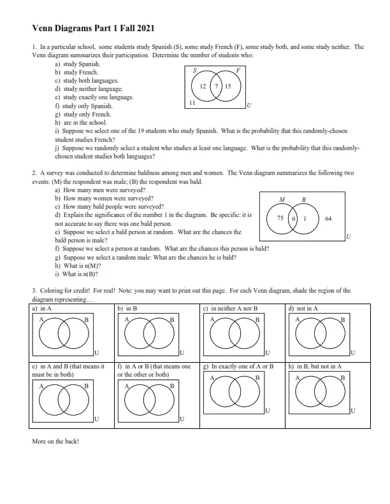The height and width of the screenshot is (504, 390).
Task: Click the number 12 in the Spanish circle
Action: [202, 86]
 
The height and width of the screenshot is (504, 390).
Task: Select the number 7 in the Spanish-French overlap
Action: [216, 86]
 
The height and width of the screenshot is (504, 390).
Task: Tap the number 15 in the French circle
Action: [228, 86]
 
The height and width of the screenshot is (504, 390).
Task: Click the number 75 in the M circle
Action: [279, 218]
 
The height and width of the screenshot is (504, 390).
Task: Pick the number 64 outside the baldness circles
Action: [328, 218]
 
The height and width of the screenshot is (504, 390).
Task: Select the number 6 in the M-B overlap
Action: [293, 218]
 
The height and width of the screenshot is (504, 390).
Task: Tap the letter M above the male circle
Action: [282, 200]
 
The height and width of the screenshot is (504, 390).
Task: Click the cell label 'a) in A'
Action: [42, 308]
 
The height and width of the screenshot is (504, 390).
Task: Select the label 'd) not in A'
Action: [303, 308]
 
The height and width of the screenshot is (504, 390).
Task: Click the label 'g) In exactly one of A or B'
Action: [238, 367]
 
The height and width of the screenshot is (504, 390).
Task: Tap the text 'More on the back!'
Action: [55, 440]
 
